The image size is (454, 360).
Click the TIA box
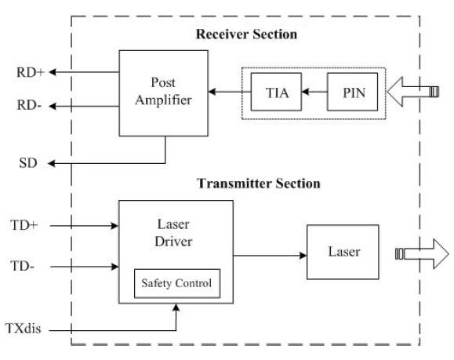point(276,92)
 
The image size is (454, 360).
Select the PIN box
point(352,92)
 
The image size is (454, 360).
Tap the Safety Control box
point(177,284)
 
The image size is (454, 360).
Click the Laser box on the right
point(343,252)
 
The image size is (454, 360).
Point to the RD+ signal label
point(31,72)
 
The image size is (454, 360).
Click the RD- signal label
point(29,105)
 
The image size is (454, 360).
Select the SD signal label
point(28,163)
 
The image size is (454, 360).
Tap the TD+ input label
point(24,225)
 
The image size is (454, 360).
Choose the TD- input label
point(22,266)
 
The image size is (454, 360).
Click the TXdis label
point(24,329)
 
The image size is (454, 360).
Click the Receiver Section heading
point(246,35)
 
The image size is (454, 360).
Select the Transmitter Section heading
point(259,184)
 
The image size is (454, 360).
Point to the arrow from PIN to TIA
point(314,92)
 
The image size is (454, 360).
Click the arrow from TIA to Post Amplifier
point(230,92)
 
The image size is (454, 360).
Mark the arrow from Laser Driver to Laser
point(270,256)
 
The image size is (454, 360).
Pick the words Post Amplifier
point(163,91)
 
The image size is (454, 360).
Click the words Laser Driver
point(173,233)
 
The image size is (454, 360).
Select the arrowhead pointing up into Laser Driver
point(176,307)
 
